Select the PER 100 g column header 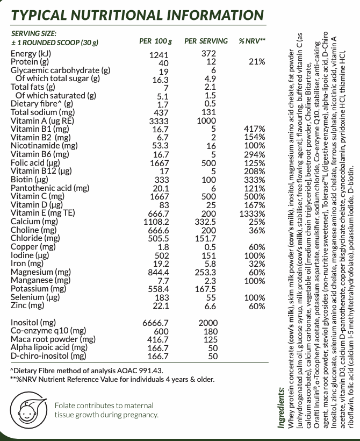(x=156, y=41)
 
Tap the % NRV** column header (x=253, y=41)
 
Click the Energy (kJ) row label (x=31, y=54)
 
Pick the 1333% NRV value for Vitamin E (x=252, y=213)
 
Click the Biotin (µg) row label (x=30, y=180)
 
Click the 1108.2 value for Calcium (x=156, y=222)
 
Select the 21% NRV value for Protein (x=257, y=62)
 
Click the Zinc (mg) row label (x=27, y=305)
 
